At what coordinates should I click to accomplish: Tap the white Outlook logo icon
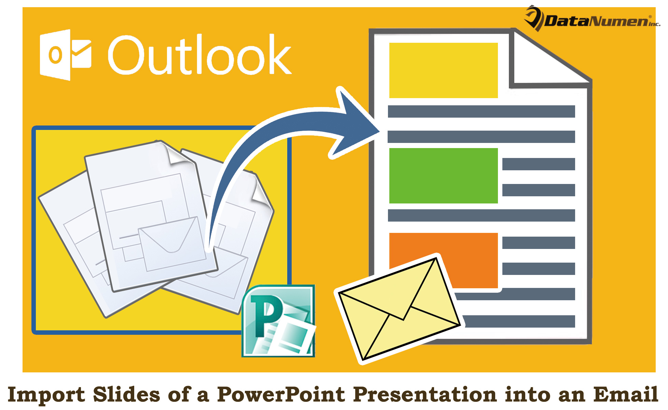point(65,55)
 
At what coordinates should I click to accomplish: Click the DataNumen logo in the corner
point(593,19)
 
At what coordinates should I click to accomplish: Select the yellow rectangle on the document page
point(443,70)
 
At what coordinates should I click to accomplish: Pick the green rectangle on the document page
point(443,175)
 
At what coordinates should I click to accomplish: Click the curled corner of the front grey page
point(178,154)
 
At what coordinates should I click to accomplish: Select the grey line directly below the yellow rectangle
point(481,111)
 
